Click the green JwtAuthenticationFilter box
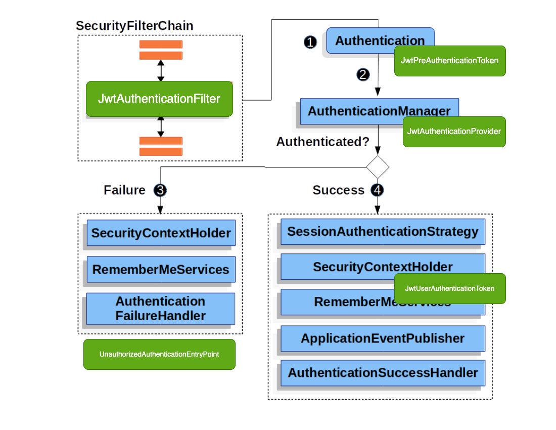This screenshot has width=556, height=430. (x=159, y=99)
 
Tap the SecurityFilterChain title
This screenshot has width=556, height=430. (x=134, y=26)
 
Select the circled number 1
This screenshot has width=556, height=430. (x=310, y=42)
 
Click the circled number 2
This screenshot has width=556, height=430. (x=363, y=75)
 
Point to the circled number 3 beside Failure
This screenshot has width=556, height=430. (x=160, y=190)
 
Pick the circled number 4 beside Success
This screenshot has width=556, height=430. (x=377, y=190)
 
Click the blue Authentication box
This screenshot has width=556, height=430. (x=364, y=40)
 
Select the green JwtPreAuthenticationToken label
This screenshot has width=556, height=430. (x=449, y=61)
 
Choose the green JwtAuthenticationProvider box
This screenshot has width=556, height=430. (x=454, y=132)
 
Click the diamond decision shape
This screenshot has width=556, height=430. (x=378, y=166)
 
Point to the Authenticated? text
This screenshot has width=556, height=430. (x=322, y=142)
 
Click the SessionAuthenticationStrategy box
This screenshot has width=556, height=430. (x=383, y=232)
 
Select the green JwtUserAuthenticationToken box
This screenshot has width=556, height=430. (x=449, y=288)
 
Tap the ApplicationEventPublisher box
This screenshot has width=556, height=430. (x=383, y=338)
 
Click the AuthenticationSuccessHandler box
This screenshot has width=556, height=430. (x=383, y=373)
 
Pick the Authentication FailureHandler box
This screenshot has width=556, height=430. (x=160, y=309)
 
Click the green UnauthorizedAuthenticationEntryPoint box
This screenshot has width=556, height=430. (x=159, y=354)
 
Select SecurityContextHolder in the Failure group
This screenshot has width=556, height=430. (x=161, y=233)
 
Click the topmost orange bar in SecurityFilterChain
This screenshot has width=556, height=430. (x=161, y=44)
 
